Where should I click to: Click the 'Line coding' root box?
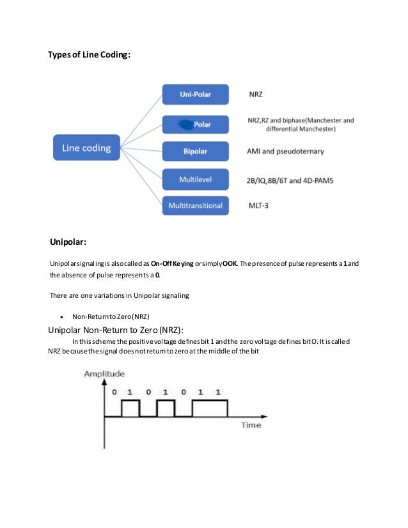(x=86, y=148)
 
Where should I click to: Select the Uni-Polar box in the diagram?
(x=195, y=95)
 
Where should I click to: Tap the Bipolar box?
(x=195, y=151)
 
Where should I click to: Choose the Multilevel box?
(x=195, y=180)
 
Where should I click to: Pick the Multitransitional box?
(x=195, y=206)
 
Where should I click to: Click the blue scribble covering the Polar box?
(x=185, y=123)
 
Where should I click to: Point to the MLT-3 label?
(x=259, y=206)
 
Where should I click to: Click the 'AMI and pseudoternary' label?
(x=285, y=151)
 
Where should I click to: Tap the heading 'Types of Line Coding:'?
(x=90, y=56)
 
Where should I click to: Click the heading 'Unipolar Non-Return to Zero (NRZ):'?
(x=116, y=330)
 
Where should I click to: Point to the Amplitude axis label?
(x=104, y=373)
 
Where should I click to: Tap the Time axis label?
(x=251, y=424)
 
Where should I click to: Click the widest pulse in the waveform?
(x=209, y=408)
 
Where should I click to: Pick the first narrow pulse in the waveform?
(x=130, y=408)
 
